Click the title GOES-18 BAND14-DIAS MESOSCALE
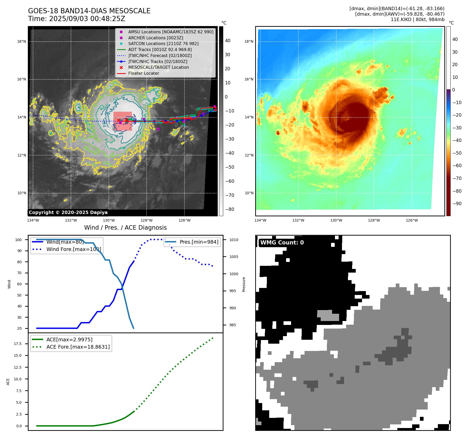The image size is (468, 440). pyautogui.click(x=89, y=11)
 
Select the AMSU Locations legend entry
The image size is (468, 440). pyautogui.click(x=170, y=32)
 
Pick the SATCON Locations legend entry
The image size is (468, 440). pyautogui.click(x=163, y=43)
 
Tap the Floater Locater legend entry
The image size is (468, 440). pyautogui.click(x=143, y=73)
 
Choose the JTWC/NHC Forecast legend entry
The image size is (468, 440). pyautogui.click(x=160, y=55)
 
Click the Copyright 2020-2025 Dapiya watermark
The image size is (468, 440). pyautogui.click(x=68, y=212)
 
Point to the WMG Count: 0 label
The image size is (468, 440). pyautogui.click(x=282, y=243)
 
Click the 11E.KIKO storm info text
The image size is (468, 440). pyautogui.click(x=417, y=20)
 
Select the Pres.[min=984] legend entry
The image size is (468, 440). pyautogui.click(x=199, y=242)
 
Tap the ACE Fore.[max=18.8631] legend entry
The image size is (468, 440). pyautogui.click(x=78, y=347)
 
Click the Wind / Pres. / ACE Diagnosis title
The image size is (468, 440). pyautogui.click(x=125, y=228)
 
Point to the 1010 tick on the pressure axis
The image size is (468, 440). pyautogui.click(x=234, y=240)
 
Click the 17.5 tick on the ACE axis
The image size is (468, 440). pyautogui.click(x=18, y=344)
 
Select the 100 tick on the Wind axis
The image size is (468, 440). pyautogui.click(x=18, y=240)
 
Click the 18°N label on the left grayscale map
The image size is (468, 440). pyautogui.click(x=22, y=41)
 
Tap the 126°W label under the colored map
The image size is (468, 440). pyautogui.click(x=412, y=220)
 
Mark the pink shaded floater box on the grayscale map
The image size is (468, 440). pyautogui.click(x=123, y=121)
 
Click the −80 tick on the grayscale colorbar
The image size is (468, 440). pyautogui.click(x=229, y=209)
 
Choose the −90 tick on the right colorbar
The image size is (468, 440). pyautogui.click(x=457, y=204)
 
